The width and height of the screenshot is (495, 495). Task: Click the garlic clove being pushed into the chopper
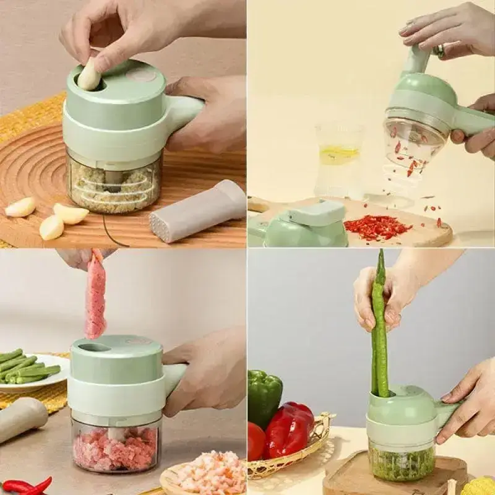tap(89, 75)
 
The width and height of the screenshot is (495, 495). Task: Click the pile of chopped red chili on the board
tap(377, 227)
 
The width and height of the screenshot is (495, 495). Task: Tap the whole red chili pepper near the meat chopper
tap(28, 486)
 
